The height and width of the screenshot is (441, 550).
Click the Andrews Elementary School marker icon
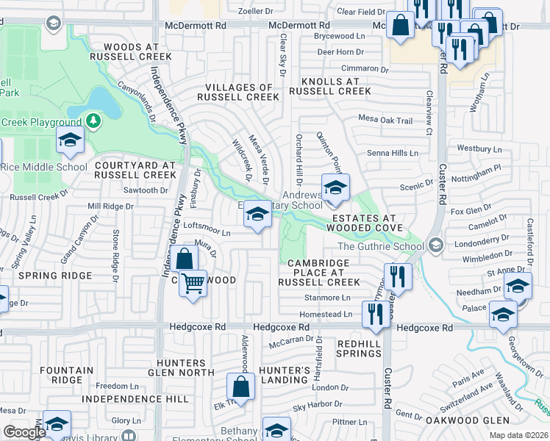click(335, 187)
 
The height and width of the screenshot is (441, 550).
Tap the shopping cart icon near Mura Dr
click(193, 282)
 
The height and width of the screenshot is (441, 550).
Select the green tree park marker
click(93, 120)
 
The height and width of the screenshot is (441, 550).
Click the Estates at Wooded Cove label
click(363, 223)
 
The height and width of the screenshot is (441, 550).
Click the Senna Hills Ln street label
click(393, 153)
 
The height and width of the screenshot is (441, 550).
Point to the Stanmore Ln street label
click(327, 298)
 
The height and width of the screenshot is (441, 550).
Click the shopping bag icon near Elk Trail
click(241, 386)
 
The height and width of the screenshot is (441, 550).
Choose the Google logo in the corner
click(24, 432)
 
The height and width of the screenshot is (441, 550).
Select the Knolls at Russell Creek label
click(329, 86)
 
